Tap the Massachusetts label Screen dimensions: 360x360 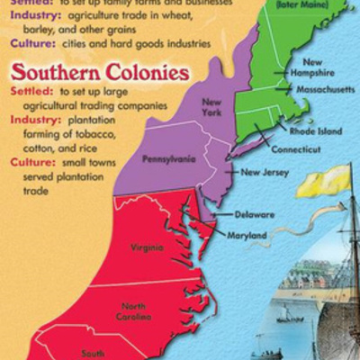(x=327, y=89)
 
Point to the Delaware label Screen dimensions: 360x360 (x=255, y=215)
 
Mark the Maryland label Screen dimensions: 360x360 (x=247, y=235)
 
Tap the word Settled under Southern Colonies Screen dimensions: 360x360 (x=31, y=92)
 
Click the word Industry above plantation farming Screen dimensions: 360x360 (x=33, y=120)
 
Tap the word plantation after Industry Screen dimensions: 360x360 (x=100, y=120)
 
